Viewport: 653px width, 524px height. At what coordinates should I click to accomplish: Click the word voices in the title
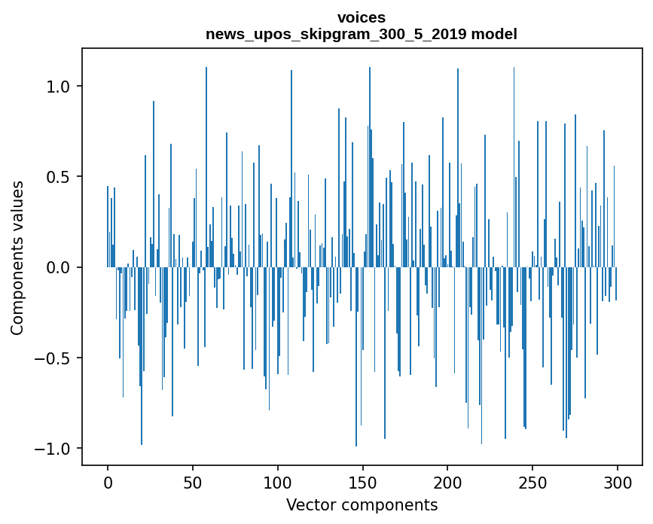tap(362, 17)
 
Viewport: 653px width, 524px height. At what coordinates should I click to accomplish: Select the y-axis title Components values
tap(17, 257)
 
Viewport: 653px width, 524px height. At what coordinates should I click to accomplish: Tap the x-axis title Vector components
tap(362, 505)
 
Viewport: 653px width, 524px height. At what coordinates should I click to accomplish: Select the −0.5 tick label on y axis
tap(56, 358)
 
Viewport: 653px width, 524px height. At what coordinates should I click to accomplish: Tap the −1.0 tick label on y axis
tap(56, 449)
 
